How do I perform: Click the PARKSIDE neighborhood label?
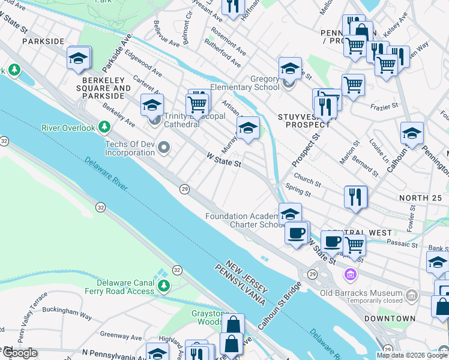coord(42,41)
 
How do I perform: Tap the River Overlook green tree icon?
coord(105,127)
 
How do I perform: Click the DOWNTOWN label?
coord(393,318)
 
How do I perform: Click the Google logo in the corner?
coord(19,353)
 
